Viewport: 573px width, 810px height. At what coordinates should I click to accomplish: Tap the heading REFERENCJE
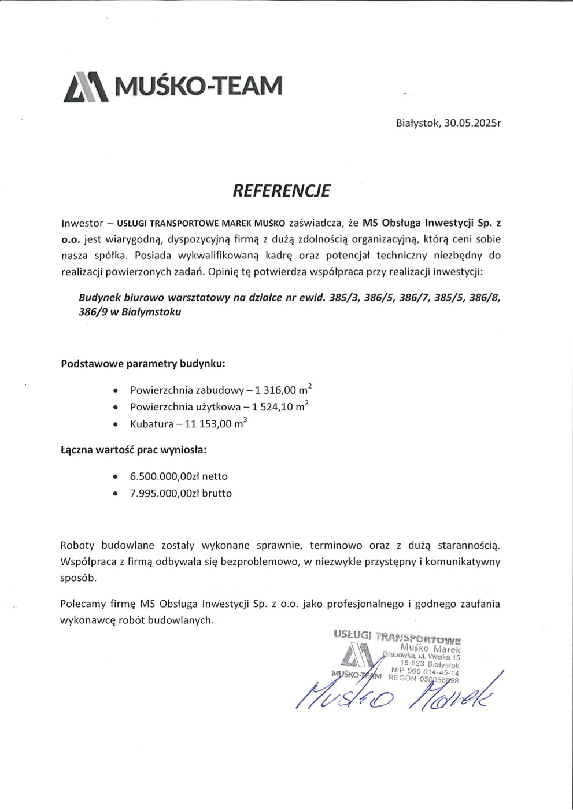[281, 191]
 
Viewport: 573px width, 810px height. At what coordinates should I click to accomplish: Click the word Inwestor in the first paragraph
[82, 223]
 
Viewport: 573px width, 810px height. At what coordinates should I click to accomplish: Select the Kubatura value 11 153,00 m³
[215, 424]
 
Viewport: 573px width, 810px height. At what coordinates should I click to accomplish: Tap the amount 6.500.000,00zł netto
[179, 476]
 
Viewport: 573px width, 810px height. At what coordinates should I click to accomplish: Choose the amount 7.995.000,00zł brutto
[180, 493]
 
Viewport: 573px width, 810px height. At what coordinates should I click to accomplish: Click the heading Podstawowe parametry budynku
[143, 364]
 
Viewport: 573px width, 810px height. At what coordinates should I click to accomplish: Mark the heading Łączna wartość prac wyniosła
[133, 449]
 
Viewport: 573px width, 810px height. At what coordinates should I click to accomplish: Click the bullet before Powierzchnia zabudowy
[116, 391]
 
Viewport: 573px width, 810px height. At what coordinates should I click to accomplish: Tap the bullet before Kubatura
[116, 424]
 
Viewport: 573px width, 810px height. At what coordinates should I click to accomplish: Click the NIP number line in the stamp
[425, 672]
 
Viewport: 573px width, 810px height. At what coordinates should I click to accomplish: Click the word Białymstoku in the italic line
[151, 312]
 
